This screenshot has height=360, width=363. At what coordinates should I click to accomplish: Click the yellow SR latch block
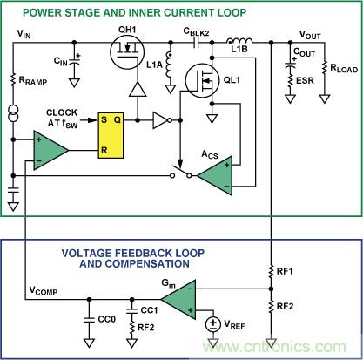click(x=111, y=135)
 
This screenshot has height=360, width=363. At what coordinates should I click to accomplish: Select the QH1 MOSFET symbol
click(x=127, y=52)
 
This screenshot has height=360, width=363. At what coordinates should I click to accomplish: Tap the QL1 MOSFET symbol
click(x=202, y=80)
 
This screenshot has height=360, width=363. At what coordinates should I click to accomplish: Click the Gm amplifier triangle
click(x=178, y=300)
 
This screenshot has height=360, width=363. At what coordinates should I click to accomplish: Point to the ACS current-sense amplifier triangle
click(x=215, y=176)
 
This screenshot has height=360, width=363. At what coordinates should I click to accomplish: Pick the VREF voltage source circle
click(x=213, y=324)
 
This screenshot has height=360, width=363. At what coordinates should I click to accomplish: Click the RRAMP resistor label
click(x=33, y=81)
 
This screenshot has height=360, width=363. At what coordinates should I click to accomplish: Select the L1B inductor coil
click(x=239, y=41)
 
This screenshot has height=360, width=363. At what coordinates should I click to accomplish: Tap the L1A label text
click(x=154, y=65)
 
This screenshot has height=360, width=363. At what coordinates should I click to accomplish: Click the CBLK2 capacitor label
click(x=196, y=31)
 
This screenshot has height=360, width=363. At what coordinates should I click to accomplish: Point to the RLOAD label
click(x=344, y=69)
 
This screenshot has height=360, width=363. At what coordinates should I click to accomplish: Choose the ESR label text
click(x=305, y=80)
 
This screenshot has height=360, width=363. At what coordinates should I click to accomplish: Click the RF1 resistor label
click(x=285, y=271)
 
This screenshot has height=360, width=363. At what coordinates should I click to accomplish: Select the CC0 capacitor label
click(x=107, y=319)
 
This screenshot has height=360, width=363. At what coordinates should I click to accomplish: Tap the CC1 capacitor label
click(x=149, y=310)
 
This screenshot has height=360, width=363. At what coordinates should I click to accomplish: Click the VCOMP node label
click(x=44, y=290)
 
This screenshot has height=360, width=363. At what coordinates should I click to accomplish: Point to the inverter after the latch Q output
click(x=162, y=120)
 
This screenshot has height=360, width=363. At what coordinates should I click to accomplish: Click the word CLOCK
click(x=62, y=112)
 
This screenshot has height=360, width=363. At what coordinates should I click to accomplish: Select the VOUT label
click(x=310, y=35)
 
